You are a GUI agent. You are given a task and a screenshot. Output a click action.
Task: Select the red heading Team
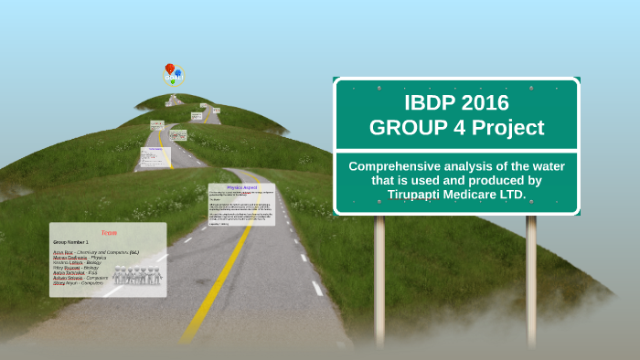[109, 233]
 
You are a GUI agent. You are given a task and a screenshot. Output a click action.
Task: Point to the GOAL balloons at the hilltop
[172, 73]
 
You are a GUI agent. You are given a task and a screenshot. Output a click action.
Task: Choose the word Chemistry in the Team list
[86, 251]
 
